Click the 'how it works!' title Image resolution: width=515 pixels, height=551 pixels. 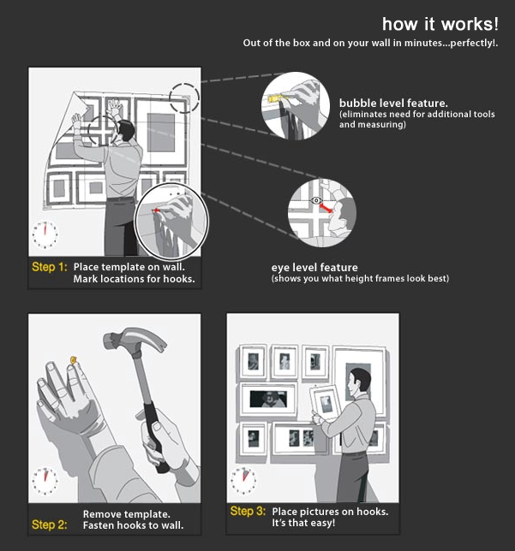(440, 24)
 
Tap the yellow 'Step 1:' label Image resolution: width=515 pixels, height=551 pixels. (50, 267)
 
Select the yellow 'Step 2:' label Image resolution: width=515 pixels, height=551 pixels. (50, 524)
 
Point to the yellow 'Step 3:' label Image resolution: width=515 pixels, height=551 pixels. (248, 511)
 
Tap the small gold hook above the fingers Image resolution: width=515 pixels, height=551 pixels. (74, 359)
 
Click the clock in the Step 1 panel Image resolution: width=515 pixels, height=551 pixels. (45, 234)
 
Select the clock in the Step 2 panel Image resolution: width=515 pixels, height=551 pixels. (45, 481)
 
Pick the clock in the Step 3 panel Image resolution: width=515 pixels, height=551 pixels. (243, 480)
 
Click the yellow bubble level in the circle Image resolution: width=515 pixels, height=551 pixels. (276, 98)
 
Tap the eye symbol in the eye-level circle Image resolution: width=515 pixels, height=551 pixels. (316, 201)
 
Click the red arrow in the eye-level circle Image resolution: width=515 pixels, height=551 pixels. (326, 208)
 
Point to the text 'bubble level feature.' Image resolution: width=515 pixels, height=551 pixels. (393, 103)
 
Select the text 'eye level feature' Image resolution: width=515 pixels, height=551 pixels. (314, 268)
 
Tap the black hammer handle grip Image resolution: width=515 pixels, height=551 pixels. (156, 439)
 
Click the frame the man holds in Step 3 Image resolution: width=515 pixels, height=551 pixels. (325, 403)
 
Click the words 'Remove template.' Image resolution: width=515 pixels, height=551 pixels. (127, 514)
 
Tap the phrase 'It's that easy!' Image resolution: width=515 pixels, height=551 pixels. (303, 523)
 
